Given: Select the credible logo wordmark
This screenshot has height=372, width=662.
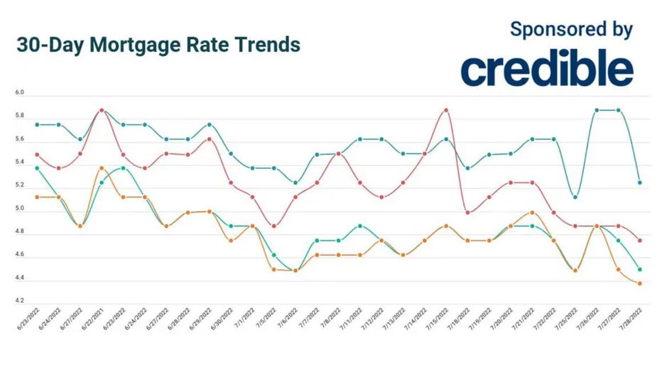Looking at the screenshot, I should point(546,70).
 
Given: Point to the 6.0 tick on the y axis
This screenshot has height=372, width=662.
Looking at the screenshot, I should point(19,93).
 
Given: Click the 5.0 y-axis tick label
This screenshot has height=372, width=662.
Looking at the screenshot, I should point(19,209).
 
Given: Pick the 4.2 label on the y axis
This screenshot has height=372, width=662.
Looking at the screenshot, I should point(19,301).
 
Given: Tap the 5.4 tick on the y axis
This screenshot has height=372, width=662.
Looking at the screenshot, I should point(19,163).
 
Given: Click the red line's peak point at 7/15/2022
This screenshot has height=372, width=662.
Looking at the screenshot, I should point(446,110).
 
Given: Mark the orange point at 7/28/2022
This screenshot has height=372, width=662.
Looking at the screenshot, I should point(640,284).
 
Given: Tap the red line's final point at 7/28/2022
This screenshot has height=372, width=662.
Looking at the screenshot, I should point(640,241).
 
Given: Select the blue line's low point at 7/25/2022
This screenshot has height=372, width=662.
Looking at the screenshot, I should point(575,197).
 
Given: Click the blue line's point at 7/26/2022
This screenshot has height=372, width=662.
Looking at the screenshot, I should point(597,110).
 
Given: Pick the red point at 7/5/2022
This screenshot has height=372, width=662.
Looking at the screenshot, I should point(275,226).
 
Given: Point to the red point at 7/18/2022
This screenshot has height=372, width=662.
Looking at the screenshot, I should point(467,212).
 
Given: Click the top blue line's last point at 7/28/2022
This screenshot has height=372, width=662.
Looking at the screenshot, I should point(640,182).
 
